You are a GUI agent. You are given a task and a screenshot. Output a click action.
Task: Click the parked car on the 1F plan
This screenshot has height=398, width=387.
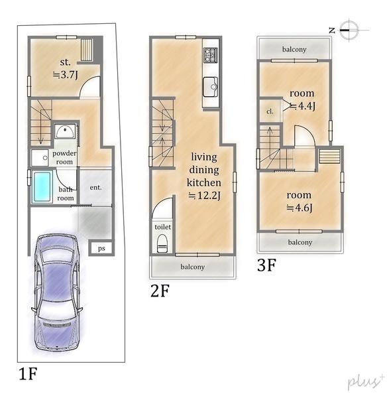click(57, 293)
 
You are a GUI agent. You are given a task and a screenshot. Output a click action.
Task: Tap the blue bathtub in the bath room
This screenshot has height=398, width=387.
click(42, 187)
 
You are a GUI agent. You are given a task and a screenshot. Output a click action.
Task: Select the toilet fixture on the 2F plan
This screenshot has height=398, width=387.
click(162, 243)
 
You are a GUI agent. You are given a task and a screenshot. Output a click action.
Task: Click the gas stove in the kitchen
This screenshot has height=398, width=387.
click(211, 55)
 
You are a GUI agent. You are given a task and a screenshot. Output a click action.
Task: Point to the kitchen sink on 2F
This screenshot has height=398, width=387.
click(211, 87)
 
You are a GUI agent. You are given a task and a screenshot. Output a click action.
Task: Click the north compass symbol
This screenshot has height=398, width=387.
click(349, 30)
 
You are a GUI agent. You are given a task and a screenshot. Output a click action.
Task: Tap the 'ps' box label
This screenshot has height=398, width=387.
click(101, 248)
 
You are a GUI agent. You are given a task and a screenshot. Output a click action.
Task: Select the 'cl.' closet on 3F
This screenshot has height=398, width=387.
click(270, 111)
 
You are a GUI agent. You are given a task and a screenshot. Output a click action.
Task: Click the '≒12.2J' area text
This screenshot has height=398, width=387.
click(204, 196)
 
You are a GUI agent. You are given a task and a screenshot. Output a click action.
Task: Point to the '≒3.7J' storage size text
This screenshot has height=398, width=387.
click(66, 75)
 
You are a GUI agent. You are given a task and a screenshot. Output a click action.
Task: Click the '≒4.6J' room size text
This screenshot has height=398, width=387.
click(300, 208)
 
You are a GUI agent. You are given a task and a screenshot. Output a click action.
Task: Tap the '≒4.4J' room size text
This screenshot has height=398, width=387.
click(303, 106)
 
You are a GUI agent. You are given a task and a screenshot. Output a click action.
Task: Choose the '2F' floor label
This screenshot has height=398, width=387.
click(160, 291)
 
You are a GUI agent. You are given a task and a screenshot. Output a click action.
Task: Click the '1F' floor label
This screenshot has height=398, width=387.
click(28, 373)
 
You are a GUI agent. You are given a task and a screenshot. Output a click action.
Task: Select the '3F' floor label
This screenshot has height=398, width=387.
click(266, 265)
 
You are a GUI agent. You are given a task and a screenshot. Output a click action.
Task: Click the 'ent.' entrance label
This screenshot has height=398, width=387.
click(95, 187)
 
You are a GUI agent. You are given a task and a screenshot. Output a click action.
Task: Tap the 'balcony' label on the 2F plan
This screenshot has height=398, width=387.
click(192, 267)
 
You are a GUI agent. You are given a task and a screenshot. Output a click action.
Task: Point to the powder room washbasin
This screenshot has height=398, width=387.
click(65, 131)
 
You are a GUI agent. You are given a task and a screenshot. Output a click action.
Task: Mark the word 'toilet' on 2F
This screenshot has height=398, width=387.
click(163, 227)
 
